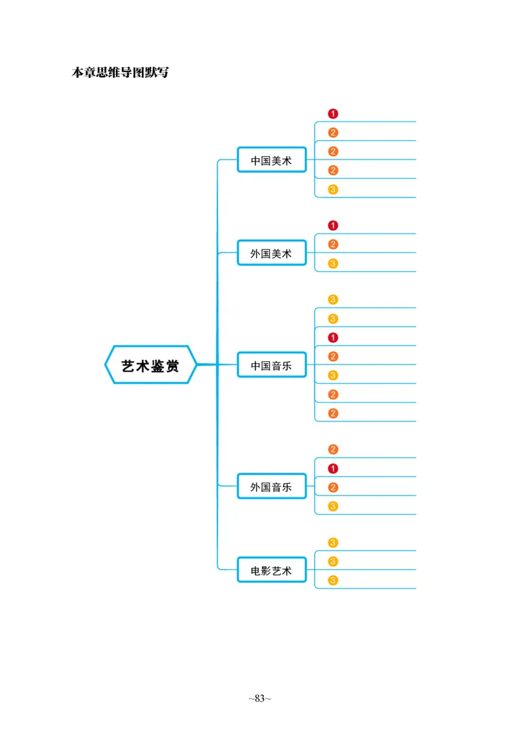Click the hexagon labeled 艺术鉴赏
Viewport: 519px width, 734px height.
(x=151, y=365)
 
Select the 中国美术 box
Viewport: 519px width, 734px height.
(x=271, y=160)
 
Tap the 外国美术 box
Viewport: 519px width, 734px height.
(x=271, y=254)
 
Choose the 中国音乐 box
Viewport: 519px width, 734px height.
(x=271, y=366)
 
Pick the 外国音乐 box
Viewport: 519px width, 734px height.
(x=271, y=487)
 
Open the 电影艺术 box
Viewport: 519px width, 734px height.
(x=271, y=571)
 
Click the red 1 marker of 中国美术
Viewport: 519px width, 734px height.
(x=333, y=113)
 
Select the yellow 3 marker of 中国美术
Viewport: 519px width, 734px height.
(x=333, y=189)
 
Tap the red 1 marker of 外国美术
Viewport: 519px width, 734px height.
(x=333, y=226)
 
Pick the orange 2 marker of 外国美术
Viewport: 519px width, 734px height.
(x=333, y=244)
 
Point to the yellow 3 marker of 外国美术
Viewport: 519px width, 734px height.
(x=333, y=263)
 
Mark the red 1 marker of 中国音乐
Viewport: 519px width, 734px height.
(x=333, y=337)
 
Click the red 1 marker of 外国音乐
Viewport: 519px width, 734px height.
(x=333, y=468)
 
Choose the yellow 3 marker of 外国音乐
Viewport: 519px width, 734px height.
(x=333, y=506)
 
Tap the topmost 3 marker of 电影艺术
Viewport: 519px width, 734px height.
(x=333, y=543)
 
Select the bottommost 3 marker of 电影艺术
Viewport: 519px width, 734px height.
(x=333, y=580)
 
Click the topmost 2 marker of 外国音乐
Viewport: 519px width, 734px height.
(x=333, y=449)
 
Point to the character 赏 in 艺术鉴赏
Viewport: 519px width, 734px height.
(x=172, y=366)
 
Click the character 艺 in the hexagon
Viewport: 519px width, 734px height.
(x=128, y=366)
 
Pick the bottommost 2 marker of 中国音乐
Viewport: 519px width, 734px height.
(x=333, y=413)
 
